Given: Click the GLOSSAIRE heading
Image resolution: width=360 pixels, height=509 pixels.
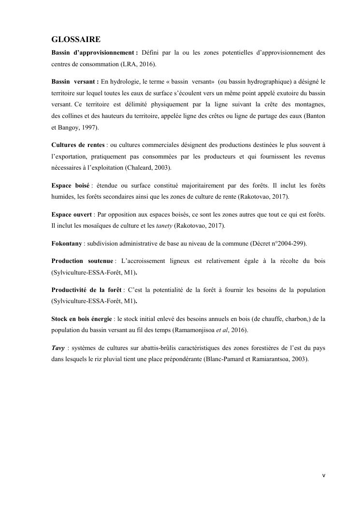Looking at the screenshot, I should point(76,40).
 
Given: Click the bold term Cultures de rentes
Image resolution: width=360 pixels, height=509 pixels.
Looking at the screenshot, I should point(77,145).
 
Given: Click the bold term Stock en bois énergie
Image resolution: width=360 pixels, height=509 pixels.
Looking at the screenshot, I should point(82,319).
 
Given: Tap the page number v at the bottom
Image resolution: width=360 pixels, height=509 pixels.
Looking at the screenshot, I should point(324,476).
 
